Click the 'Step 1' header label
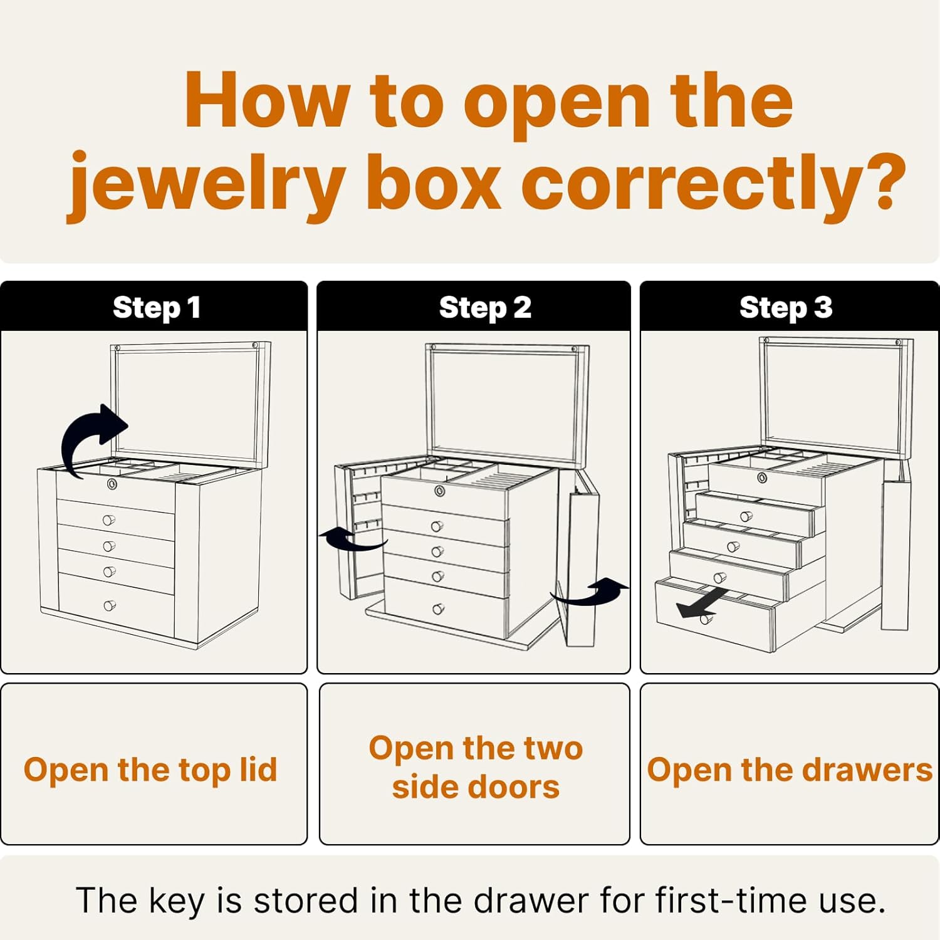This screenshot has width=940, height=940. (157, 308)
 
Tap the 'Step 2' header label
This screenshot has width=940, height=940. (485, 308)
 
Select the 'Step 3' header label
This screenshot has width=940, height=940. (786, 308)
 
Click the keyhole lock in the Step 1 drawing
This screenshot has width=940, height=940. (112, 484)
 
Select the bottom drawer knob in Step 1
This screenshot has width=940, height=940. (109, 605)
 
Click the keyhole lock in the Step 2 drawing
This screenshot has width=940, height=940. (441, 491)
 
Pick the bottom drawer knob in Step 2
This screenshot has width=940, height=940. (438, 609)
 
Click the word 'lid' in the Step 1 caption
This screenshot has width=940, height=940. (258, 769)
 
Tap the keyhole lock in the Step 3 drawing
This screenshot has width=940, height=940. (762, 478)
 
